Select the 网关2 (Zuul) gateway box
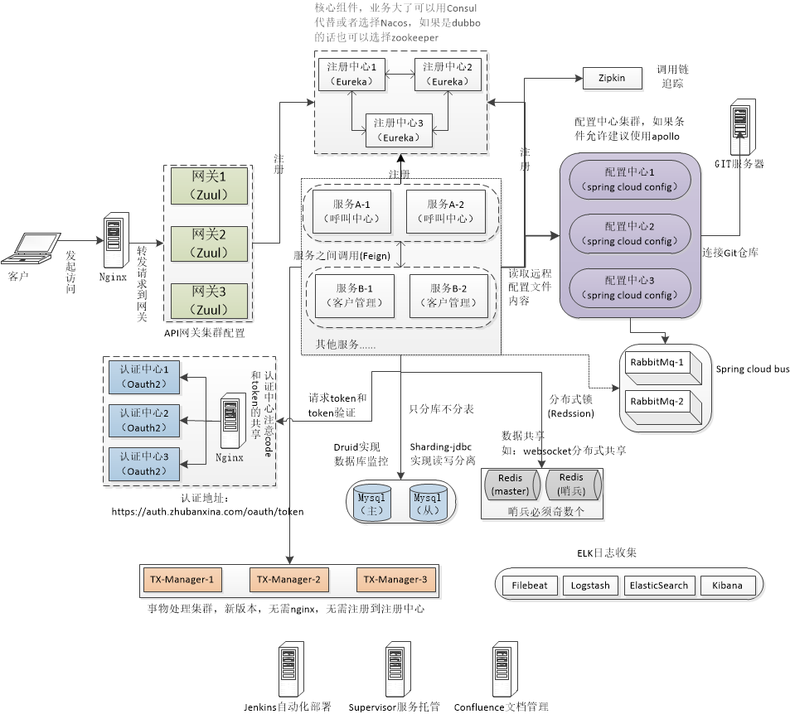209,243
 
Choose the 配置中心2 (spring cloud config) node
629,234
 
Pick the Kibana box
727,585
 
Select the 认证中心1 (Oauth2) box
143,375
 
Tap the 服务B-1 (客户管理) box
353,295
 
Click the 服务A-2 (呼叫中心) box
445,211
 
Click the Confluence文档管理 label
501,707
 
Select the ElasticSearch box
658,585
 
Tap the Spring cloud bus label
752,369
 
